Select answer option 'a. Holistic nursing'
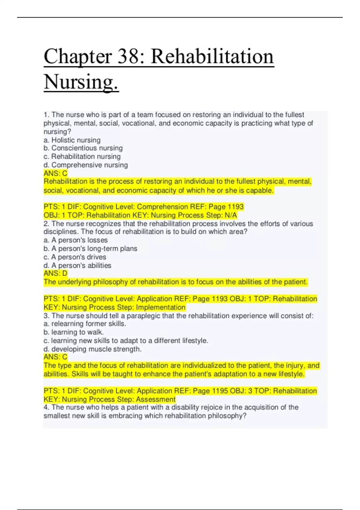(x=72, y=140)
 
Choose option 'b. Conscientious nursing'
(x=83, y=148)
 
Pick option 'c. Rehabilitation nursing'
(x=82, y=157)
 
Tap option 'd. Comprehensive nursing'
(x=85, y=165)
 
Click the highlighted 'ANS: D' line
(x=55, y=273)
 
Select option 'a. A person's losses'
(x=76, y=240)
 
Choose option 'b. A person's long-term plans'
(x=90, y=249)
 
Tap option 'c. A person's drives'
(x=75, y=257)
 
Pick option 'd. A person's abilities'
(x=77, y=265)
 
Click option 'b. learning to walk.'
(x=73, y=332)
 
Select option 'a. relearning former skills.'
(x=85, y=324)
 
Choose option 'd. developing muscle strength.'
(x=92, y=349)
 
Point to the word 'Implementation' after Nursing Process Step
(x=161, y=307)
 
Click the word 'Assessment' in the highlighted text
(x=156, y=399)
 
